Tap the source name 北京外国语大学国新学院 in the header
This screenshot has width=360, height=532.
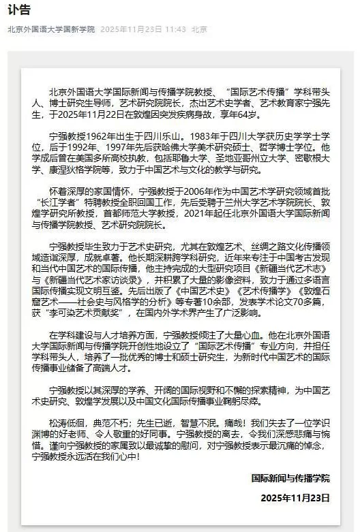pos(51,30)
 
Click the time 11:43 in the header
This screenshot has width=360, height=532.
pos(175,30)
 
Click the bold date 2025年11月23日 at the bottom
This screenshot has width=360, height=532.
pos(295,497)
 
